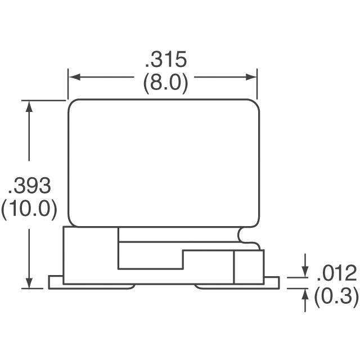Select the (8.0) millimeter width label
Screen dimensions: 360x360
[x=165, y=83]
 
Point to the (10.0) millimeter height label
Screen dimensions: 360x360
[x=29, y=209]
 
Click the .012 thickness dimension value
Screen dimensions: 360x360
[x=336, y=274]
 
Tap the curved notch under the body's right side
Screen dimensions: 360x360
[x=243, y=235]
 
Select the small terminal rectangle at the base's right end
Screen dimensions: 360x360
[x=249, y=267]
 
